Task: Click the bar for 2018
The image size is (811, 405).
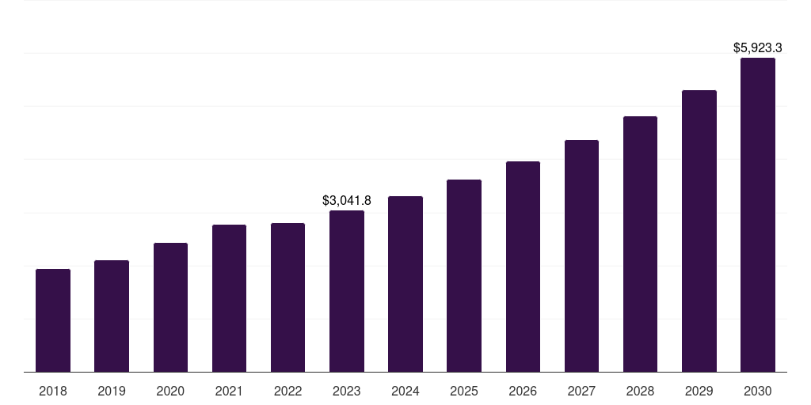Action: (x=53, y=320)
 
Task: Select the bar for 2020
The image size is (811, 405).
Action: (x=170, y=308)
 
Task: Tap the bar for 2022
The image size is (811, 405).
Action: (x=287, y=297)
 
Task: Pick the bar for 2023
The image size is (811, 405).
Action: (x=347, y=291)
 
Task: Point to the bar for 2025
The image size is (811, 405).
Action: (x=464, y=276)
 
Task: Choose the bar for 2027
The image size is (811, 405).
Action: (x=581, y=256)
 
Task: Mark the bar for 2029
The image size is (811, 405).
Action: (x=699, y=231)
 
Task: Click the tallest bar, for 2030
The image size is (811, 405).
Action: (x=757, y=215)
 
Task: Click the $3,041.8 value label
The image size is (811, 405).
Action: (x=347, y=201)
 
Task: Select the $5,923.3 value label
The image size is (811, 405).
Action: (x=758, y=48)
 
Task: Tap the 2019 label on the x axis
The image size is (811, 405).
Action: (x=112, y=391)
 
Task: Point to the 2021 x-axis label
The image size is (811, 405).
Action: (x=229, y=391)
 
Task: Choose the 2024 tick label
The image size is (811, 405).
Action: (x=405, y=391)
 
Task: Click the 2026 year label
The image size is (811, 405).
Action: (x=523, y=391)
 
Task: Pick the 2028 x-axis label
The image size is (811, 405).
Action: (x=640, y=391)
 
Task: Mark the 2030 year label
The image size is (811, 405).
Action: (x=757, y=391)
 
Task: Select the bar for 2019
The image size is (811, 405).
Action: (x=112, y=316)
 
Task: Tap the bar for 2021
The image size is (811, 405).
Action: (x=229, y=298)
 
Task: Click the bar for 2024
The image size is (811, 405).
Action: (x=405, y=284)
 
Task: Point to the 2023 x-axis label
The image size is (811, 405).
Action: (x=347, y=391)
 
